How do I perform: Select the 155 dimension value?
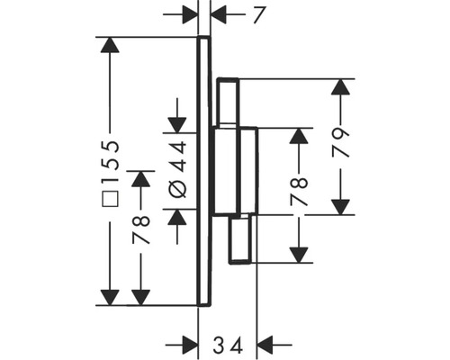(111, 156)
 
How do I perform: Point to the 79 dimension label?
(340, 142)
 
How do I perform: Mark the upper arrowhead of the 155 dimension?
(110, 46)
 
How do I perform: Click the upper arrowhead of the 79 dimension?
(340, 87)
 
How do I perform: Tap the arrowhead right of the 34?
(265, 344)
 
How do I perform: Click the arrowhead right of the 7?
(219, 14)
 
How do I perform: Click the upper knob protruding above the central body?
(227, 102)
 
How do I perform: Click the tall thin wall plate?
(204, 171)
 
